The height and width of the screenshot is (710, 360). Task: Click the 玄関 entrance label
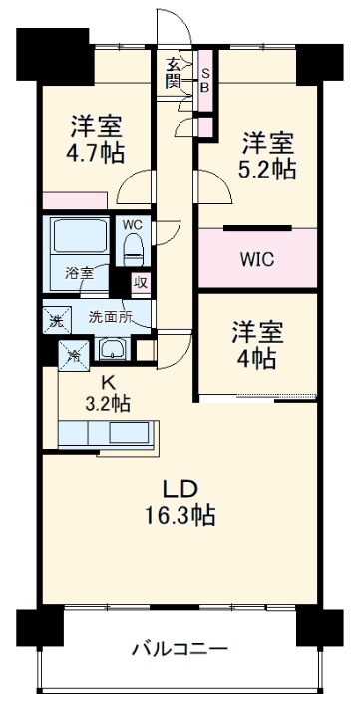(173, 75)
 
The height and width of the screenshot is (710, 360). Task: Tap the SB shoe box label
(204, 78)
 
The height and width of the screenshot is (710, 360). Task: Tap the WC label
(133, 225)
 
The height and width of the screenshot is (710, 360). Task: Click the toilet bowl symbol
(135, 253)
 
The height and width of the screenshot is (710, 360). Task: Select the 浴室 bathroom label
(79, 271)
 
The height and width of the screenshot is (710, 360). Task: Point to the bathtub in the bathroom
(79, 240)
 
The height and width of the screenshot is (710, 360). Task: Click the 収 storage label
(141, 283)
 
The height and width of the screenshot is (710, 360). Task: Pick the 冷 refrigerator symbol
(72, 351)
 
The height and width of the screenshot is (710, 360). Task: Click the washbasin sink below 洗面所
(113, 349)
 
